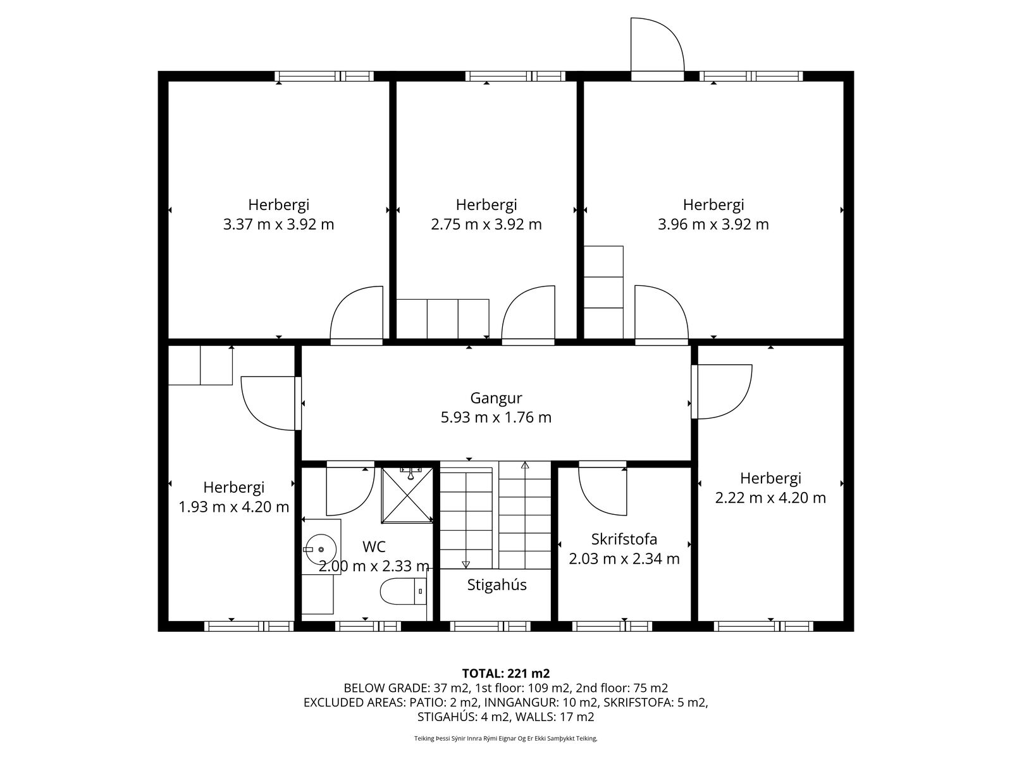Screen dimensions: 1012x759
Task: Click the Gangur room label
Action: coord(496,398)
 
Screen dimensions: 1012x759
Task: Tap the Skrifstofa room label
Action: coord(624,539)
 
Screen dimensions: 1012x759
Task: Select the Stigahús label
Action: coord(497,585)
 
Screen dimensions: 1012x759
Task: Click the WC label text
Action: coord(374,546)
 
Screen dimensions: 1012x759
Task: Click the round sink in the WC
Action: coord(321,548)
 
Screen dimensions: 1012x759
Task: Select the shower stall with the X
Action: coord(407,495)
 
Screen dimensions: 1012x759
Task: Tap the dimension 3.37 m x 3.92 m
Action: coord(278,225)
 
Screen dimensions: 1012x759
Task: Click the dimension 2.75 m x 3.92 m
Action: coord(486,225)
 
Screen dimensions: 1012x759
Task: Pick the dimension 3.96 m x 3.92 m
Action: coord(713,225)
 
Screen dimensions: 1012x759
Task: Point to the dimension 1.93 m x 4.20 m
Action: coord(234,507)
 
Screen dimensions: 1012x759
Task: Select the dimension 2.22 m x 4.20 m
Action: coord(770,498)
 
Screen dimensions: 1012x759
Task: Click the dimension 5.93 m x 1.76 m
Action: coord(496,417)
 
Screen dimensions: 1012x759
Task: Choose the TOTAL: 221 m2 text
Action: coord(506,674)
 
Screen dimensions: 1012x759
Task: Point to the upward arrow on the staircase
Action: coord(525,515)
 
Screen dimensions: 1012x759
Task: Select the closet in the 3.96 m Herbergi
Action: coord(603,292)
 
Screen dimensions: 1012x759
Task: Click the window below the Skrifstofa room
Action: coord(612,626)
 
